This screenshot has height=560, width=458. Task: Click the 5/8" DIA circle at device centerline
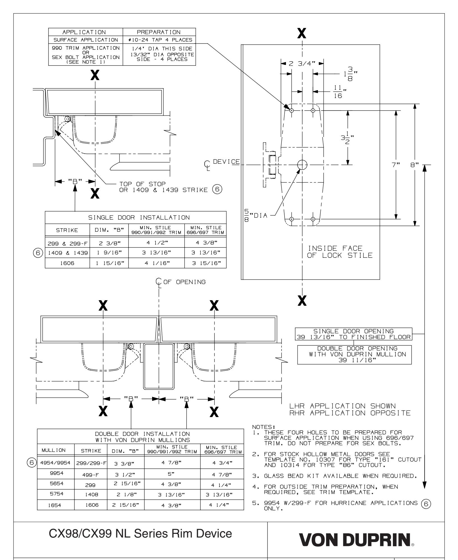click(302, 165)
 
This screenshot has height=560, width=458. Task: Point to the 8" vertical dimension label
click(414, 165)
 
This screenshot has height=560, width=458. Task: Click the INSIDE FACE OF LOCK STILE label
click(340, 252)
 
